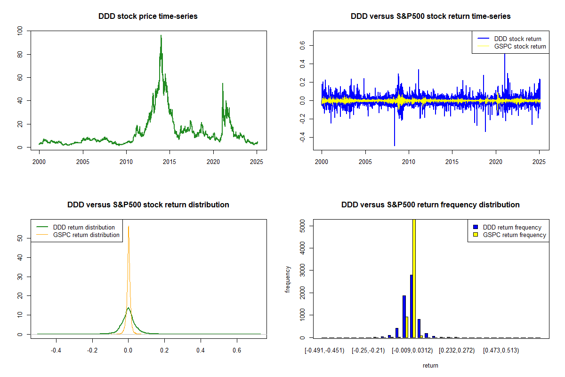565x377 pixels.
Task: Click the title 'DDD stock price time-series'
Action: pyautogui.click(x=148, y=16)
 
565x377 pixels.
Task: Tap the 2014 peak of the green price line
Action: pyautogui.click(x=161, y=36)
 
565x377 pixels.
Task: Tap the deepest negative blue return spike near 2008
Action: pyautogui.click(x=395, y=145)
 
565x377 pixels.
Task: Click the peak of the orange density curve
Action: pyautogui.click(x=128, y=226)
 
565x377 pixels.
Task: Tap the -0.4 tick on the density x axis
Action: pyautogui.click(x=56, y=350)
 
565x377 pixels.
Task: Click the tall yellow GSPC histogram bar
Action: pyautogui.click(x=414, y=278)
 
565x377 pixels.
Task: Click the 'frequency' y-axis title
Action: pyautogui.click(x=288, y=279)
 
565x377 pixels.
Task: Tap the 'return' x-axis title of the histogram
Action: pyautogui.click(x=430, y=365)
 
